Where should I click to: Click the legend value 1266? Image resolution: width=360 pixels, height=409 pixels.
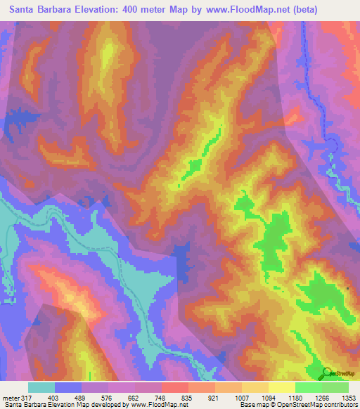(x=321, y=397)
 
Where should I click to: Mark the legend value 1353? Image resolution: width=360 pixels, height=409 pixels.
(x=347, y=397)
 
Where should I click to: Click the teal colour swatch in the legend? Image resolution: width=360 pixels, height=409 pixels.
(x=41, y=387)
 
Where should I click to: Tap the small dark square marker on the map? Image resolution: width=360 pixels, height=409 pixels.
(x=348, y=289)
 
